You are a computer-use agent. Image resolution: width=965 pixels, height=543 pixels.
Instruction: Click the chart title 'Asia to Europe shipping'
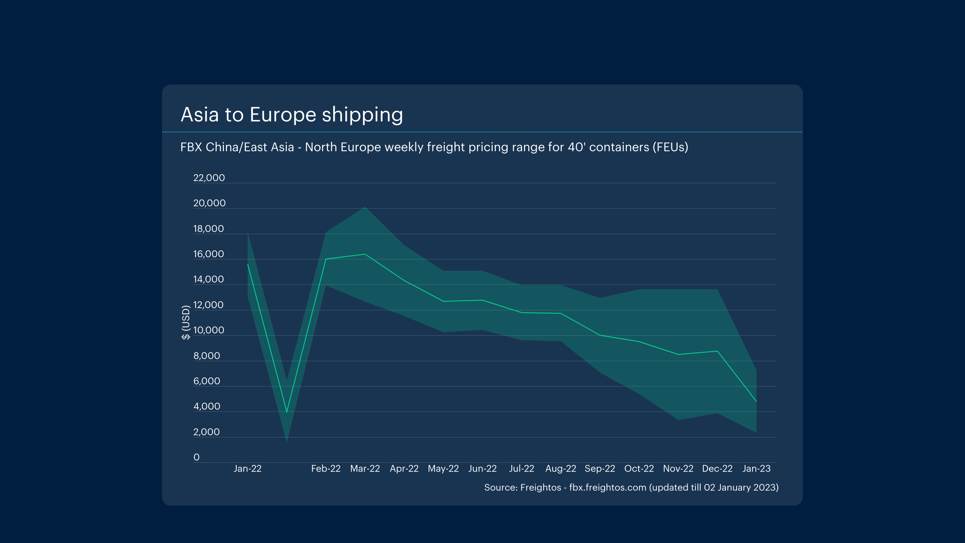coord(292,115)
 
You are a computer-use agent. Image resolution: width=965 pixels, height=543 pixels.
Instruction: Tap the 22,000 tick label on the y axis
coord(209,178)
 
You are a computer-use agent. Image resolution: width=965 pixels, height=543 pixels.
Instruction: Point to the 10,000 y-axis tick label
coord(208,330)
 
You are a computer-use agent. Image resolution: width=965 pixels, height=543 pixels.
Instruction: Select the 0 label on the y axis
coord(196,457)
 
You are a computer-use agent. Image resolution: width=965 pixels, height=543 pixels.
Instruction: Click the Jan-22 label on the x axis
coord(247,468)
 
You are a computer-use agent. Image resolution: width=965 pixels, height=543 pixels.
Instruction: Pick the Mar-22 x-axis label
coord(365,468)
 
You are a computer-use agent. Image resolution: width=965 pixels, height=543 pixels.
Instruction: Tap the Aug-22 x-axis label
coord(561,468)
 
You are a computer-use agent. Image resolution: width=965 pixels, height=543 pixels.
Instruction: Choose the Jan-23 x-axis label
coord(756,468)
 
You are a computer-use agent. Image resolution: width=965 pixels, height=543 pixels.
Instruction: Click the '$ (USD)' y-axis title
coord(186,322)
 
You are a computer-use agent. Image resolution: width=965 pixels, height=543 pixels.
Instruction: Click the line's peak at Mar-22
coord(365,254)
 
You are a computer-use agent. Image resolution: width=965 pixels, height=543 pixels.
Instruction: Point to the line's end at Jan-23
coord(756,402)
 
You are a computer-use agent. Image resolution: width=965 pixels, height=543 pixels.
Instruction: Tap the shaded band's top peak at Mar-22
coord(365,207)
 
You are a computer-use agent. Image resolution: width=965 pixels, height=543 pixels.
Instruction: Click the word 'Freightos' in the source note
coord(541,487)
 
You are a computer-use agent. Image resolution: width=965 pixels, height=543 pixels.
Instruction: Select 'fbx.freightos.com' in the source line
coord(608,487)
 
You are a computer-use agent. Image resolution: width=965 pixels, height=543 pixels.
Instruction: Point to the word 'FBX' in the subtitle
coord(191,147)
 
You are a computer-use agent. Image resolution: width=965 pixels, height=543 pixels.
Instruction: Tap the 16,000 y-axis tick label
coord(208,254)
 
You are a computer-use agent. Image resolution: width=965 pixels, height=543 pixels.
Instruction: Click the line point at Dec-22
coord(717,351)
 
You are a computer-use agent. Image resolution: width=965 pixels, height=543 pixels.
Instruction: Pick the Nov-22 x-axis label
coord(678,468)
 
